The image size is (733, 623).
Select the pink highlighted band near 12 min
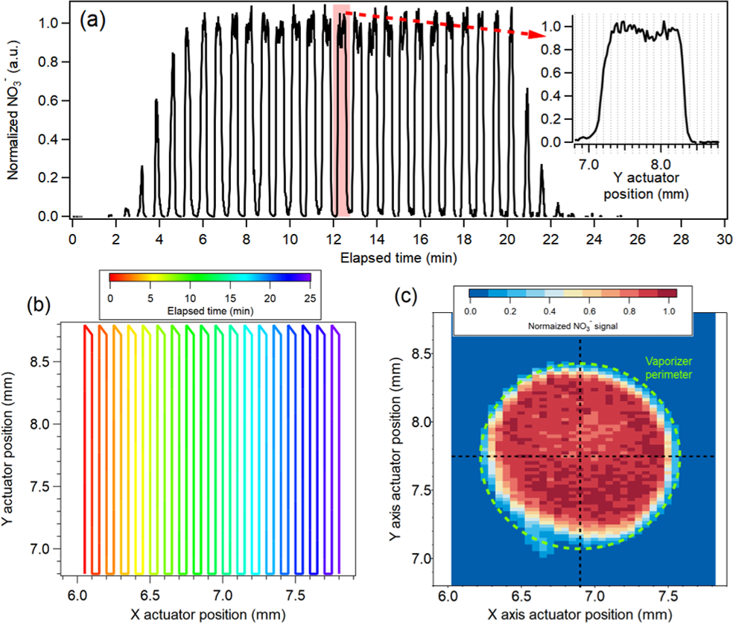pyautogui.click(x=341, y=112)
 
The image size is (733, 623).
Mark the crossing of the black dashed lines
pyautogui.click(x=580, y=456)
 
